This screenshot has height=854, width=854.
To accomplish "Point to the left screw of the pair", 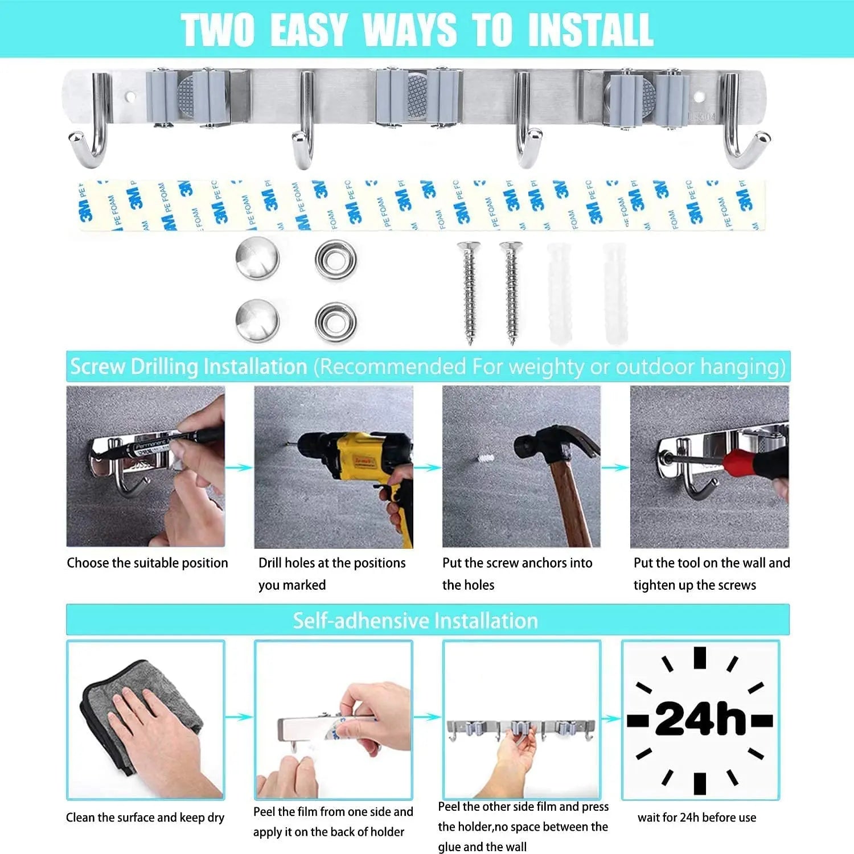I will (x=469, y=291).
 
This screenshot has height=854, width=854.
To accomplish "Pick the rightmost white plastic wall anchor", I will (x=615, y=293).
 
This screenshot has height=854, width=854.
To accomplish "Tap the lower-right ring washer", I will (x=335, y=322).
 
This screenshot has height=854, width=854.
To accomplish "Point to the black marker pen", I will (x=171, y=441).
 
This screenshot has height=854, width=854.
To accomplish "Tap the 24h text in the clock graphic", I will (x=700, y=720).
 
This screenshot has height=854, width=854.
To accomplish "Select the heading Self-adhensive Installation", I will (x=415, y=621).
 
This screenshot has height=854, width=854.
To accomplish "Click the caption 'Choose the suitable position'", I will (x=147, y=563).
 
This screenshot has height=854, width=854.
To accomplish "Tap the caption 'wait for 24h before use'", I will (x=697, y=818).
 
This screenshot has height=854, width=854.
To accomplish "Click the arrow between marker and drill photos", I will (x=239, y=467).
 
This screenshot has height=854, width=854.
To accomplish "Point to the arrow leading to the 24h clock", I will (x=611, y=718).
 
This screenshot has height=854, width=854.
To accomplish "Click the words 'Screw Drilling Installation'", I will (x=188, y=367).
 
